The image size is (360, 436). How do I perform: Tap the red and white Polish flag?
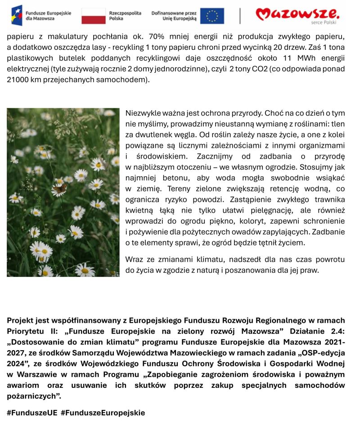tap(93, 16)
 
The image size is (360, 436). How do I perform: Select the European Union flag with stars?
tap(212, 16)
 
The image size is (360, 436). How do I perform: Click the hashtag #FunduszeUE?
tap(32, 413)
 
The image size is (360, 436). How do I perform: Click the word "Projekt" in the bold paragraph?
tap(21, 320)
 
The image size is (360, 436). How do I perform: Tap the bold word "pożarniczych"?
tap(33, 396)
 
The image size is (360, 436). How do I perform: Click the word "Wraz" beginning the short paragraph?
tap(135, 260)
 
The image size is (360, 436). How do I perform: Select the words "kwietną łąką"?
tap(149, 210)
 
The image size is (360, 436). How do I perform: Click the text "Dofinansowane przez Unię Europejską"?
tap(174, 16)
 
